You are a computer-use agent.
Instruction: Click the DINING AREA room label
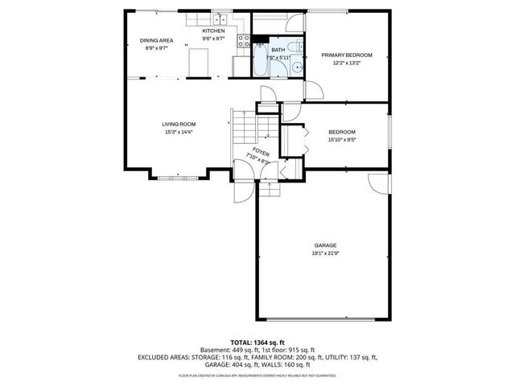tap(156, 40)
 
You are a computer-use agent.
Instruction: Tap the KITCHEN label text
tap(202, 31)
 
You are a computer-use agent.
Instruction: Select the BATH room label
tap(278, 50)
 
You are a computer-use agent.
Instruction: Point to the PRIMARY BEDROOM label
tap(347, 55)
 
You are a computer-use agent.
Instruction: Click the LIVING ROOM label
tap(179, 124)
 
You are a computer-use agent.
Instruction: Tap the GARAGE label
tap(325, 244)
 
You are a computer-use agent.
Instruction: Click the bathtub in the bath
tap(261, 60)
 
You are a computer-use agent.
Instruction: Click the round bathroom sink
tap(297, 67)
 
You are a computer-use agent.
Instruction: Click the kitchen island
tap(199, 60)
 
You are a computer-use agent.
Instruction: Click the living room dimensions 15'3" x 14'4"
tap(179, 132)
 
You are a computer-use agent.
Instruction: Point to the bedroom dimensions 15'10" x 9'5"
tap(341, 139)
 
